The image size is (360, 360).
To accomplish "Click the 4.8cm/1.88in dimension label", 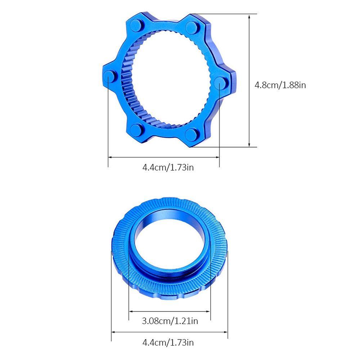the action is pos(280,85).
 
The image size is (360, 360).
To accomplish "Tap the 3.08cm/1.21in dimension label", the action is pos(170,321).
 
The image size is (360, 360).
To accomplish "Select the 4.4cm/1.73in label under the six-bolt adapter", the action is pos(168,167).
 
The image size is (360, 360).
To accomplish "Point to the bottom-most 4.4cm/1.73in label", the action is pos(168,343).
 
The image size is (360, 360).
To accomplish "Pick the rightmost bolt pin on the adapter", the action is pos(221,82).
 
